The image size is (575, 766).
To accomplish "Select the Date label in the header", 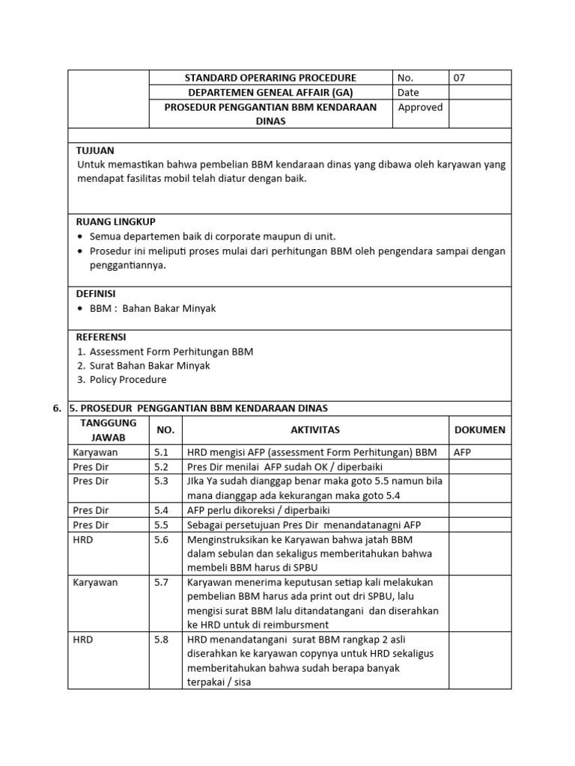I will pos(409,93).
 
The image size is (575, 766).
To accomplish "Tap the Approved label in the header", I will pos(420,107).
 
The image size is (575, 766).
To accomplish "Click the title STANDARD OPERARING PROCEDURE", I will pos(270,78).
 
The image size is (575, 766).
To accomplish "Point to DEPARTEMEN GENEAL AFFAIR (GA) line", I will pos(270,93).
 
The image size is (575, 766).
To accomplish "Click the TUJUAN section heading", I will pos(95,150).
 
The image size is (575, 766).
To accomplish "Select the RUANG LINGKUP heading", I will pos(116,221).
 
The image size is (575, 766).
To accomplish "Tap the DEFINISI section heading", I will pos(96,293).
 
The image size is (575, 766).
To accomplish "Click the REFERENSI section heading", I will pos(101,337).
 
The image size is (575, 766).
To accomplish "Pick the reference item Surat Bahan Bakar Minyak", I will pos(150,366).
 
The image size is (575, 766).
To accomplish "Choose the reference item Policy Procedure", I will pos(128,380).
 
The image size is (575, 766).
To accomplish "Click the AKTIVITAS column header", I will pos(315,430).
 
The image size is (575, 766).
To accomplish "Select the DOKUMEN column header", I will pos(480,430).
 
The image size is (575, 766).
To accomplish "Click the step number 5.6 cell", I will pos(162,539).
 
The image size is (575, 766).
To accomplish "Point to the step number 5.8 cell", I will pos(162,640).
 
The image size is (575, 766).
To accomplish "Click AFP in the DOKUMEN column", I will pos(463,453).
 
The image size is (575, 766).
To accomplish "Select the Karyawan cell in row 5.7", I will pos(95,582).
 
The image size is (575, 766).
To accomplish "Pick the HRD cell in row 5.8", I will pos(83,640).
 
